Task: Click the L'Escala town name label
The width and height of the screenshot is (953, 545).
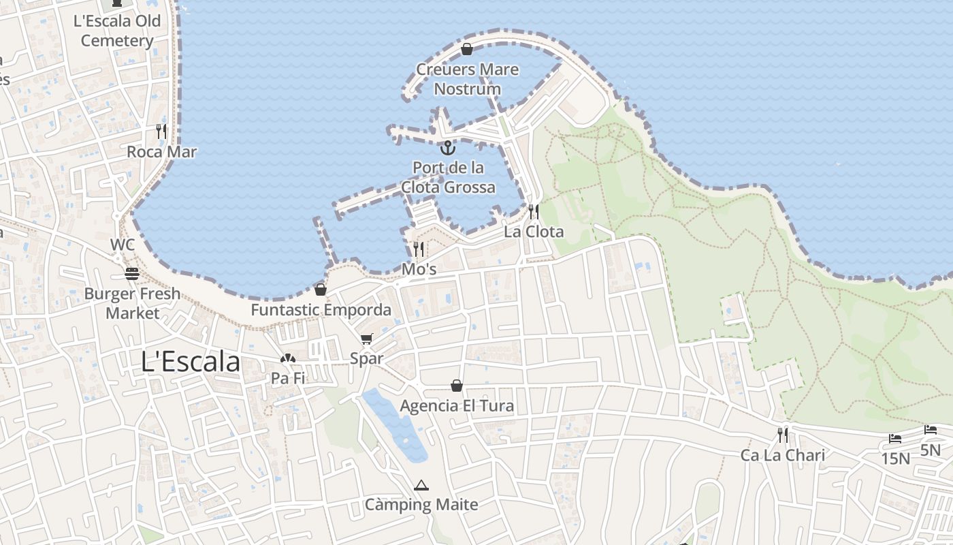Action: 191,362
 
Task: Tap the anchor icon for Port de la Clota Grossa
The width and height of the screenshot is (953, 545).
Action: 448,147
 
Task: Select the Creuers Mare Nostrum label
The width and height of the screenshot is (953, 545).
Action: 467,79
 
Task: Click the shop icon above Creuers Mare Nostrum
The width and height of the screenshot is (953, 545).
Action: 467,49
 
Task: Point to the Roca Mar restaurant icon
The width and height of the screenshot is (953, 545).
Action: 161,131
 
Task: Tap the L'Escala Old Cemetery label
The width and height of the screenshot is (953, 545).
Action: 117,31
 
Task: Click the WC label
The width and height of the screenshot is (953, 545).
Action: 123,245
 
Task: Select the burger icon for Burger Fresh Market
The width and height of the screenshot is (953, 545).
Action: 132,274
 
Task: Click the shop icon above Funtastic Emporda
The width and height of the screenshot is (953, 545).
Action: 321,290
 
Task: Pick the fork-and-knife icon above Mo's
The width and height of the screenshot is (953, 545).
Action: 419,249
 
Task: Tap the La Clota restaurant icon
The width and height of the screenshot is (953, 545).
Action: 534,211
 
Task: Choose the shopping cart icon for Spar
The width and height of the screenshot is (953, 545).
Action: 367,339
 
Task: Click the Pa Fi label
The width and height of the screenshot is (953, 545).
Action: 288,378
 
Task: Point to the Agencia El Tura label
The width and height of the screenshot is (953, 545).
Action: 457,406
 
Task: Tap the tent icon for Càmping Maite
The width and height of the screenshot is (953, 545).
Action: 421,485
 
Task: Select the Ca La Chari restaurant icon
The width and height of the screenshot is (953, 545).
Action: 783,435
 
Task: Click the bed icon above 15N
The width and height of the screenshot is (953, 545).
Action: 895,439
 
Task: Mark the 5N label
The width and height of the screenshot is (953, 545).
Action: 931,450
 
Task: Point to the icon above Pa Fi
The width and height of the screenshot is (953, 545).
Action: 288,358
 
